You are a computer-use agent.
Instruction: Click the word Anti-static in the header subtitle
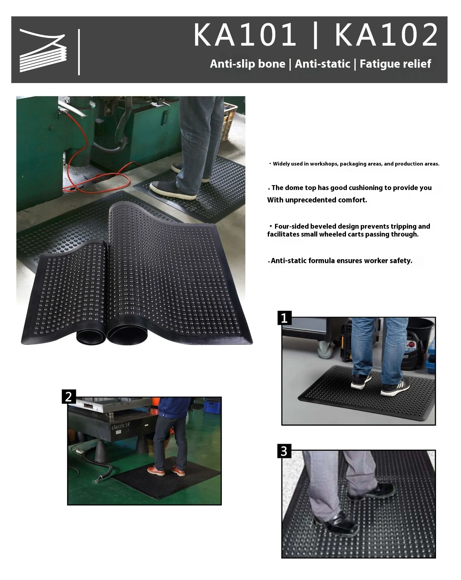322,64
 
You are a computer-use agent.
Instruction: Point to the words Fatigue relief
395,64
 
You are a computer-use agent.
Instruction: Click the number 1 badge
284,318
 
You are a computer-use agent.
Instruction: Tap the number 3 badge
284,451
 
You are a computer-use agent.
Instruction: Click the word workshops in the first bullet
324,164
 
